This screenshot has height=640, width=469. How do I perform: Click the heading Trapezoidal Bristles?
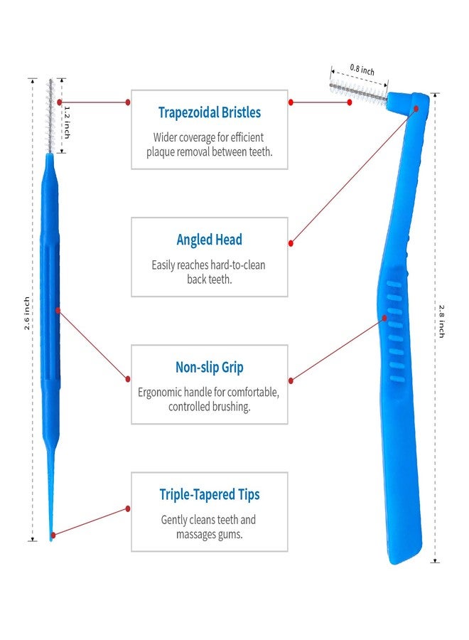(x=209, y=112)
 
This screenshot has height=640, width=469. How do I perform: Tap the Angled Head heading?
(x=209, y=240)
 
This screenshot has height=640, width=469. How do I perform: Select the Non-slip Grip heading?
(x=209, y=368)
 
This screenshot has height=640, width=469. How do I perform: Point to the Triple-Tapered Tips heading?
(x=209, y=495)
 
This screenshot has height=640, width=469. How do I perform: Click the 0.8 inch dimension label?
(x=362, y=70)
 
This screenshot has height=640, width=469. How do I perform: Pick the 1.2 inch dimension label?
(x=68, y=122)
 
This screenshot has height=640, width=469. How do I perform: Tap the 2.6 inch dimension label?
(x=26, y=314)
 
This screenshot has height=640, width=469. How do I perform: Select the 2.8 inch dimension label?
(x=442, y=321)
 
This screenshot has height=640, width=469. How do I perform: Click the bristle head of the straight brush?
(x=50, y=115)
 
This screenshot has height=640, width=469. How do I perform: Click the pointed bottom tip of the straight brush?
(x=51, y=540)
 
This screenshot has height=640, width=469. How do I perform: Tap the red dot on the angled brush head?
(x=416, y=109)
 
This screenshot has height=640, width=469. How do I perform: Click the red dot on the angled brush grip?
(x=384, y=318)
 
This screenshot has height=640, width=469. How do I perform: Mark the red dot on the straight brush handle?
(x=58, y=311)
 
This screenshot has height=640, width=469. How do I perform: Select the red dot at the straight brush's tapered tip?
(x=53, y=535)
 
